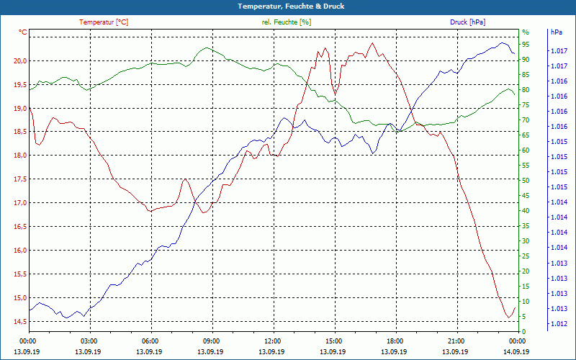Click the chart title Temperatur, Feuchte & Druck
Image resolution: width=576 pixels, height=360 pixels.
coord(288,6)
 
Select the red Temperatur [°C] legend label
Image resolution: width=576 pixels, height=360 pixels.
coord(104,22)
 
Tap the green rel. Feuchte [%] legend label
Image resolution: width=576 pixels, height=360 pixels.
coord(287,22)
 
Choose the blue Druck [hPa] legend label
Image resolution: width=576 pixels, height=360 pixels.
coord(468,22)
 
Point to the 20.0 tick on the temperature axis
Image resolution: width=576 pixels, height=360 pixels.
coord(19,60)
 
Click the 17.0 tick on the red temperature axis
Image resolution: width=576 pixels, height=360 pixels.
coord(19,203)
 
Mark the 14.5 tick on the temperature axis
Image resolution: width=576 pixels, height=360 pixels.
coord(19,321)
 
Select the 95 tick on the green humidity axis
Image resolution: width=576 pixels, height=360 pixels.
coord(526,44)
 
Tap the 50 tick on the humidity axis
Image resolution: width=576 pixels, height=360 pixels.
coord(526,181)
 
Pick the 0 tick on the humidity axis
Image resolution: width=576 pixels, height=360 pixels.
coord(523,332)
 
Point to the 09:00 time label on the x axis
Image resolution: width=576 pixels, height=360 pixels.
coord(212,341)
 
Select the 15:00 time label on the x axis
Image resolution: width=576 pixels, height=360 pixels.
coord(333,341)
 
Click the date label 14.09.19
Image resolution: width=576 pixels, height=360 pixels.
coord(516,351)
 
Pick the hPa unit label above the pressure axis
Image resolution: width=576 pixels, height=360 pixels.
coord(556,32)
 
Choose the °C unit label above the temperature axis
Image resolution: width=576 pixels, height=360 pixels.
coord(23,32)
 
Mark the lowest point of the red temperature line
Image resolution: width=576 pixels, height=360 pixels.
coord(508,318)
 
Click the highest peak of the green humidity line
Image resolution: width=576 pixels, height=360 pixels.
coord(207,48)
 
